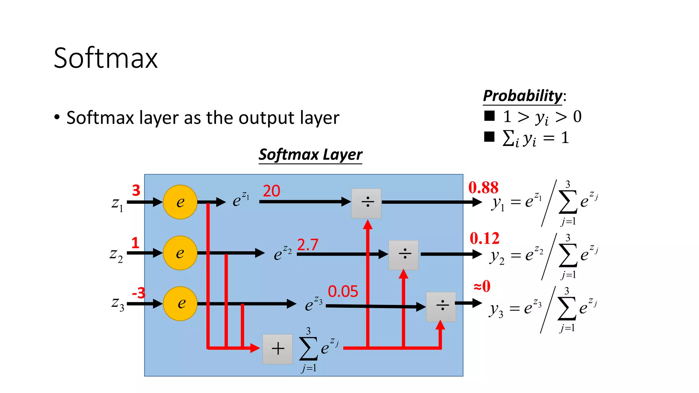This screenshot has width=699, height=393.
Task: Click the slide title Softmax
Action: coord(105,58)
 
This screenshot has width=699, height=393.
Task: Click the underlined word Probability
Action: coord(523,96)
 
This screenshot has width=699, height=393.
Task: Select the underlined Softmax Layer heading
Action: coord(310,155)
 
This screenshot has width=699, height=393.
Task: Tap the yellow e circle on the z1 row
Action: coord(180,202)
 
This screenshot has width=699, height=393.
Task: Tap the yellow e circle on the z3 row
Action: coord(180,303)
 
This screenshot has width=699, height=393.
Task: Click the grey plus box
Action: coord(277,349)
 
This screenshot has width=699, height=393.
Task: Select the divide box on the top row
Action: coord(367,203)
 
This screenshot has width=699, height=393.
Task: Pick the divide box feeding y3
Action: coord(441,306)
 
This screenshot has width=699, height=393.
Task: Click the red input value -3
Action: coord(139,293)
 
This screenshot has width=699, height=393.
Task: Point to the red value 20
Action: coord(271,191)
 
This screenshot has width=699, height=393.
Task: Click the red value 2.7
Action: coord(308,245)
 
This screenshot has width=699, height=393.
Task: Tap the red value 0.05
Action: coord(343,292)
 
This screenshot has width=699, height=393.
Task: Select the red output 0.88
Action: coord(483,188)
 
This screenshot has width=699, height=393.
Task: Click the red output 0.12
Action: coord(485,238)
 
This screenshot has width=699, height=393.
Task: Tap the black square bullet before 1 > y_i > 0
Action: coord(489,116)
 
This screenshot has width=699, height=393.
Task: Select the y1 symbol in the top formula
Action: coord(498,203)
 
